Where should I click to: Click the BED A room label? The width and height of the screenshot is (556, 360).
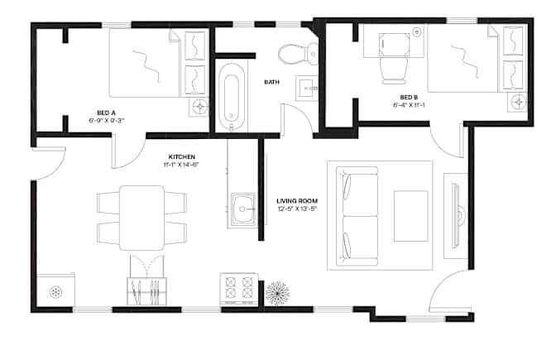point(106,113)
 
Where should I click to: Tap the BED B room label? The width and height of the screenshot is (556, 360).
point(409,97)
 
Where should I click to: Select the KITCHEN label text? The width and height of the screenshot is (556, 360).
point(181,156)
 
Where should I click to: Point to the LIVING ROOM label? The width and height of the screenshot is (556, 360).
point(297,201)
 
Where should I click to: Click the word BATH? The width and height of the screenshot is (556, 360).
point(271,82)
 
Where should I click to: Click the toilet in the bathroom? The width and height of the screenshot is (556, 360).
point(299,55)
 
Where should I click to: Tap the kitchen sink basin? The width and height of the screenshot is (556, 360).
point(243,209)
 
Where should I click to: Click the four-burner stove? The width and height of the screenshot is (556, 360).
point(238,288)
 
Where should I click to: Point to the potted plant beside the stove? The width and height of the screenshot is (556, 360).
point(277,293)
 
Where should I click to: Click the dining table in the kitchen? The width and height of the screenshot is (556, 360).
point(141,218)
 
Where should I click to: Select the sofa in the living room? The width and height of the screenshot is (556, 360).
point(357,216)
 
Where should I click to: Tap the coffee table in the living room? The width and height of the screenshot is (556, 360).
point(410,216)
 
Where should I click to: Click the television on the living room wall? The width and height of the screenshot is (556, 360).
point(456,216)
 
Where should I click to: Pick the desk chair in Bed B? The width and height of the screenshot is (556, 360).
point(394,70)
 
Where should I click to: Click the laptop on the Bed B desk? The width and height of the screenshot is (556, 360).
point(395,45)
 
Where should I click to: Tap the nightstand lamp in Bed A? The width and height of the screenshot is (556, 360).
point(200,106)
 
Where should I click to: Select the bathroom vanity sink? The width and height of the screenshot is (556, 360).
point(307,88)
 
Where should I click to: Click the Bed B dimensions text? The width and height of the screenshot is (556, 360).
point(409,105)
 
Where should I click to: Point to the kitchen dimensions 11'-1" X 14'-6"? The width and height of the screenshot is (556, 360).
point(181,164)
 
